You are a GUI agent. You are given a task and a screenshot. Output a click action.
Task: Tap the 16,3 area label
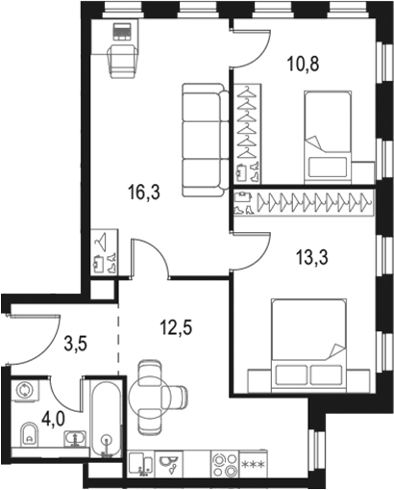coord(142,191)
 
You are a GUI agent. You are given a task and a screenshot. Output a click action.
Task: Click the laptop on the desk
coord(121,32)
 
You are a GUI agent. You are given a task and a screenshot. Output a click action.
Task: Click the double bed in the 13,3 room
coord(307,343)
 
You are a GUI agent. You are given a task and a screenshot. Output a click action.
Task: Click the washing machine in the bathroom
coord(25,391)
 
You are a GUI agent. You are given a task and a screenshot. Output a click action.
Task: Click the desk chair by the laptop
coord(121,61)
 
